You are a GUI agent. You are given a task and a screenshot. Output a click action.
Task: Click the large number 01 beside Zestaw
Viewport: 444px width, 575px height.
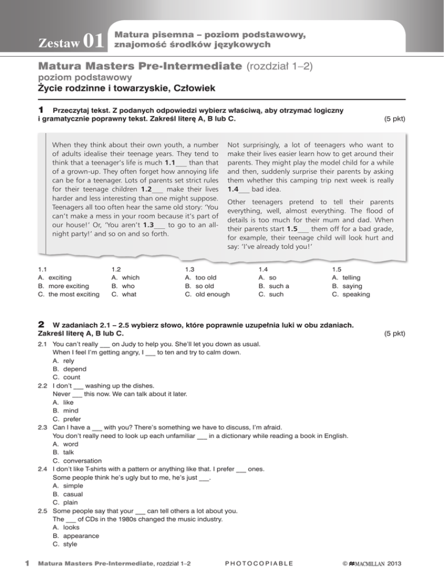[x=94, y=40]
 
